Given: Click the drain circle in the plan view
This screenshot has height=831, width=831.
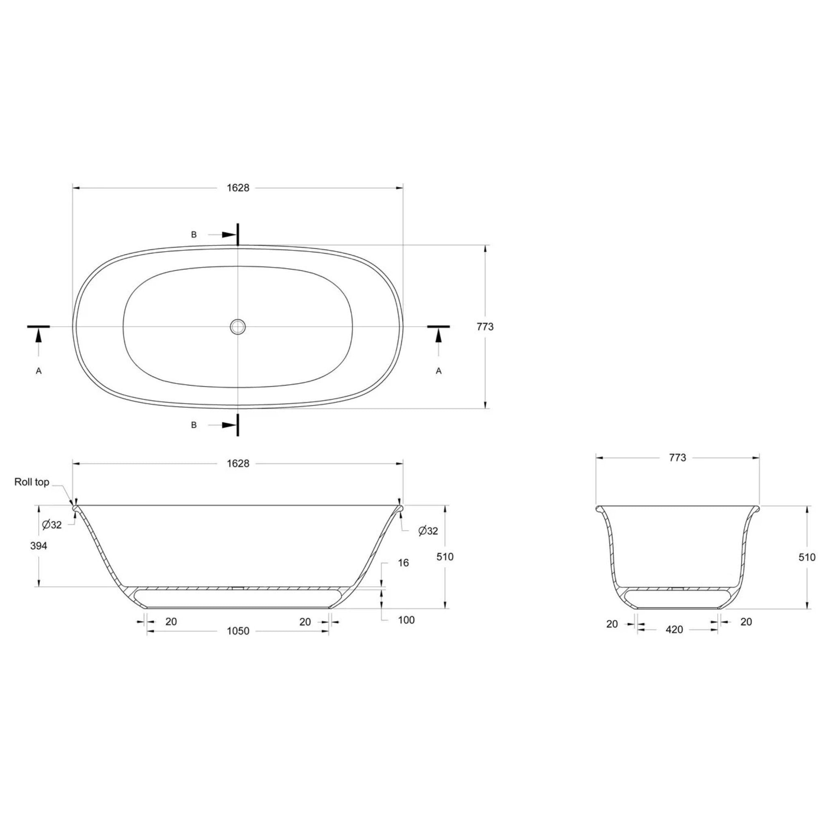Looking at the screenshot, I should (237, 327).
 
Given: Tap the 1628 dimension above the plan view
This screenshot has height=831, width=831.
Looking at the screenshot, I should (238, 188).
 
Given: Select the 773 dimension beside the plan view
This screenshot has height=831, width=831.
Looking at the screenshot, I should (485, 327).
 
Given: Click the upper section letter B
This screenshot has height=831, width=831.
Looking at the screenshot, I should (194, 235).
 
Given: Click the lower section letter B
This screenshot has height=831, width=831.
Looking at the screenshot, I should (194, 425).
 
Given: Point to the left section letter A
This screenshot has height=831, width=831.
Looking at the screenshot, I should (39, 371).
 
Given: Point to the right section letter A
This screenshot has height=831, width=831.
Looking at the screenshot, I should (438, 371).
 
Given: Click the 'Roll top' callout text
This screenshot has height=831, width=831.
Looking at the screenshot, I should (32, 482).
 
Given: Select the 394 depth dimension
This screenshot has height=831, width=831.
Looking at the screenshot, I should (39, 546).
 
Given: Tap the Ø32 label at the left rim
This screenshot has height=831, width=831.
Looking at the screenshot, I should (52, 525).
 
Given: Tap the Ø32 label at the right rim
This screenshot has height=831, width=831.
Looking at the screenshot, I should (428, 531).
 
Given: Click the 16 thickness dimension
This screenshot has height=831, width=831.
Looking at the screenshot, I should (403, 563).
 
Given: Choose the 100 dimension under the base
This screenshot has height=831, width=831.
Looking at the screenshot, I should (406, 620).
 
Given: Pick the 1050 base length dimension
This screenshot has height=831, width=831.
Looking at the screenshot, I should (238, 631).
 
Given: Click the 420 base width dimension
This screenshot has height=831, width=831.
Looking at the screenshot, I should (674, 629).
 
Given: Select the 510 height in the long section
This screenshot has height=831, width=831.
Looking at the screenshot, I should (445, 557).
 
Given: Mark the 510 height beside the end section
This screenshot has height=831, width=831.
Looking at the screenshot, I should (807, 557).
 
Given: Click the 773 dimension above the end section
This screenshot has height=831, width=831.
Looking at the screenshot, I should (678, 458).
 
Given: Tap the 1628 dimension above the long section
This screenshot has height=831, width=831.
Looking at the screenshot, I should (238, 463).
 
